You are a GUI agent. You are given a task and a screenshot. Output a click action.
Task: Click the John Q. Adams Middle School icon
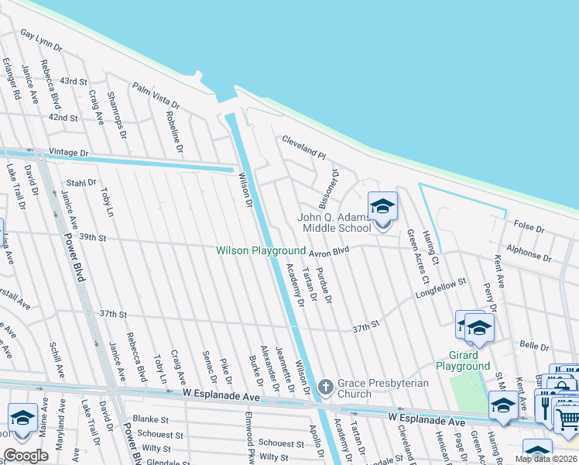click(x=382, y=207)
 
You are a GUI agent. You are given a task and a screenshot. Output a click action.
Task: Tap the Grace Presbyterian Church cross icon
click(x=326, y=386)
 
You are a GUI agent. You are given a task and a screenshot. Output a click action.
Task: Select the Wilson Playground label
click(x=261, y=251)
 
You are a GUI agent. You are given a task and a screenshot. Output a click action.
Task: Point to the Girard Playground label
click(x=463, y=360)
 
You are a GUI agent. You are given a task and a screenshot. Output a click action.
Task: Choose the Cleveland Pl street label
click(x=304, y=146)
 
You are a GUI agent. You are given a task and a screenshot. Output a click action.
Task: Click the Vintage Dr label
click(x=69, y=153)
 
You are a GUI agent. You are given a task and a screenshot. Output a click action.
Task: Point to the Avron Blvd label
click(x=331, y=250)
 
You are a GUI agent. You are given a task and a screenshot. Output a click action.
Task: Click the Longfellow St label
click(x=442, y=288)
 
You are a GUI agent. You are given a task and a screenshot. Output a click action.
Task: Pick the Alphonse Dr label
click(x=529, y=254)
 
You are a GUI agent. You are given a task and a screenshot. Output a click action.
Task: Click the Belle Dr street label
click(x=534, y=345)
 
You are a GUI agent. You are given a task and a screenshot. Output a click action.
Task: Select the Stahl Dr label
click(x=81, y=183)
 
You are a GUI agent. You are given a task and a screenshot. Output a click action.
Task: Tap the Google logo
click(x=26, y=456)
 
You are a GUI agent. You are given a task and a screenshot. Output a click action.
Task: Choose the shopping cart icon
click(x=567, y=419)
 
